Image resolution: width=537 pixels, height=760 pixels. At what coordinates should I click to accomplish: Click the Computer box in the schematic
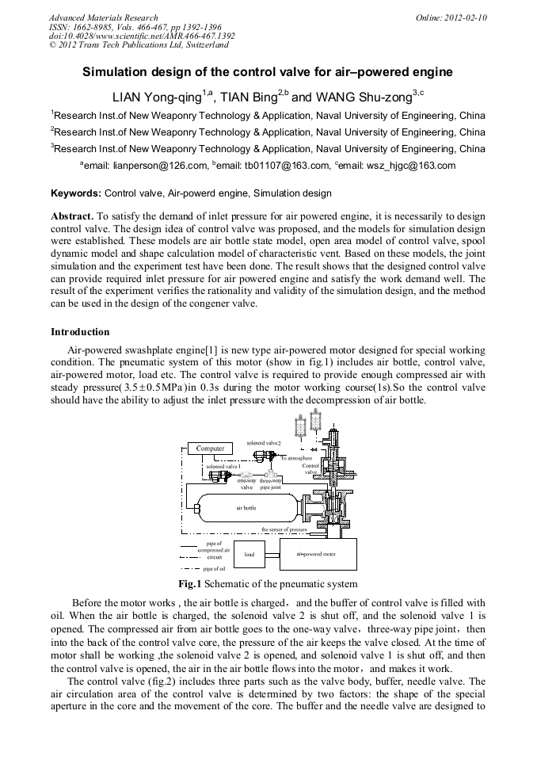211,449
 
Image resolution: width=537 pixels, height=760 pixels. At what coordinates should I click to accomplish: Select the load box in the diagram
249,554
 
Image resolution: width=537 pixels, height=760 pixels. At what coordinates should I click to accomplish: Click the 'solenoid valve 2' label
265,441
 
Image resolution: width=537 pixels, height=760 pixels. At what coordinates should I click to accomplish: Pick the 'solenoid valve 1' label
223,467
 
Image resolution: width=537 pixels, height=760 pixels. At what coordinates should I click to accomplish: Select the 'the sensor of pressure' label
284,529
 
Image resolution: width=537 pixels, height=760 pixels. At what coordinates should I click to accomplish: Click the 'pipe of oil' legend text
215,568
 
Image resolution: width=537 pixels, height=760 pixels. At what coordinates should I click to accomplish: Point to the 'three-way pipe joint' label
271,483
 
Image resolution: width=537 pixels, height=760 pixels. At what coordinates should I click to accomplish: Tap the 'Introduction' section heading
81,331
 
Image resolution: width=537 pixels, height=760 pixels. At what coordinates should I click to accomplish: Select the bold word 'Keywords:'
76,193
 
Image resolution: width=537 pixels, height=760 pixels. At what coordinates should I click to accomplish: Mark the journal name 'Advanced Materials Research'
103,17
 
